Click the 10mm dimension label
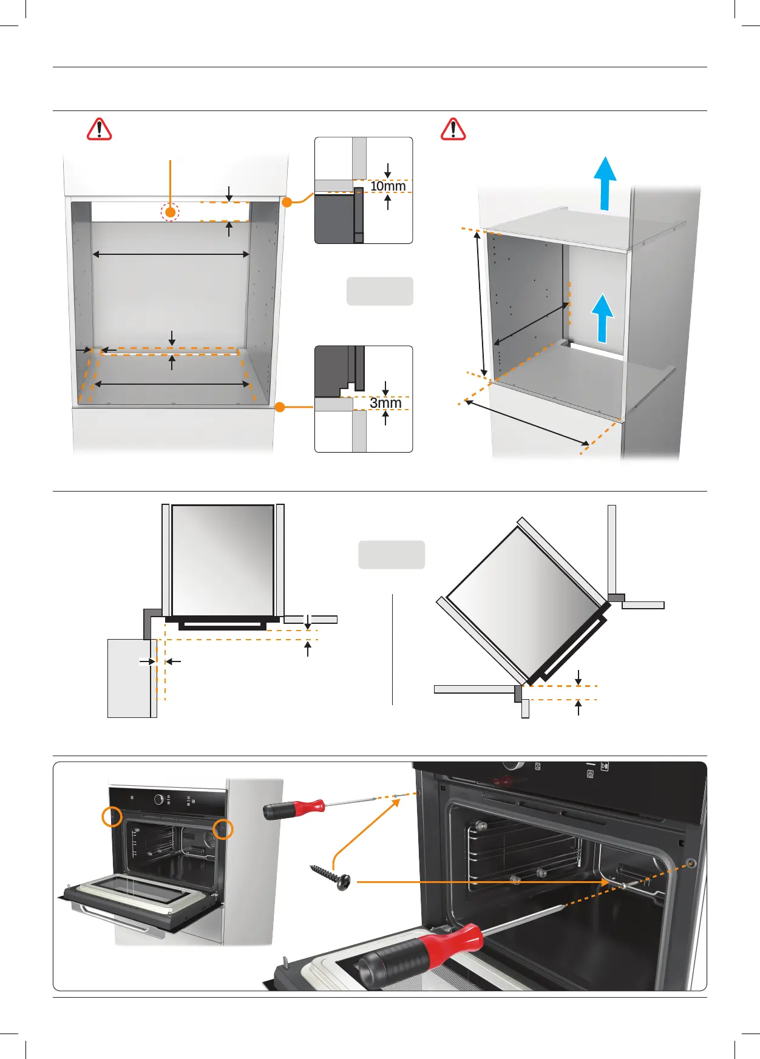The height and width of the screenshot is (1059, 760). (x=388, y=186)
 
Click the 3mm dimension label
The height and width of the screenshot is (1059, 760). (x=385, y=403)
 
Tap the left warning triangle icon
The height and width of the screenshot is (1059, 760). (x=99, y=129)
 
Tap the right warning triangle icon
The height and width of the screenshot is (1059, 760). (x=453, y=129)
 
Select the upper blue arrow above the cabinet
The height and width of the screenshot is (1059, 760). (x=605, y=182)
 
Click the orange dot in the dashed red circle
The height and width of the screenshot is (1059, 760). (x=171, y=212)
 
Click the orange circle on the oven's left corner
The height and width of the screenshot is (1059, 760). (x=112, y=816)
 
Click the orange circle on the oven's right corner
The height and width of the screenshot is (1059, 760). (x=223, y=829)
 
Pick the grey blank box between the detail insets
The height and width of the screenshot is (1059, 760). (x=380, y=291)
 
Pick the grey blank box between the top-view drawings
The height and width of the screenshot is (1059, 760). (x=392, y=555)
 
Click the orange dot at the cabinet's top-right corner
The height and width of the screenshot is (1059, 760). (x=287, y=201)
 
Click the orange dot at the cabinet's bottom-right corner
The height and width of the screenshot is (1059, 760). (x=280, y=407)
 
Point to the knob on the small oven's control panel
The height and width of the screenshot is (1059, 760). (x=159, y=800)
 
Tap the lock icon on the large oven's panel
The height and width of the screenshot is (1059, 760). (x=590, y=774)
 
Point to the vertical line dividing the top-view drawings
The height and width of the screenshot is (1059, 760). (x=393, y=649)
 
